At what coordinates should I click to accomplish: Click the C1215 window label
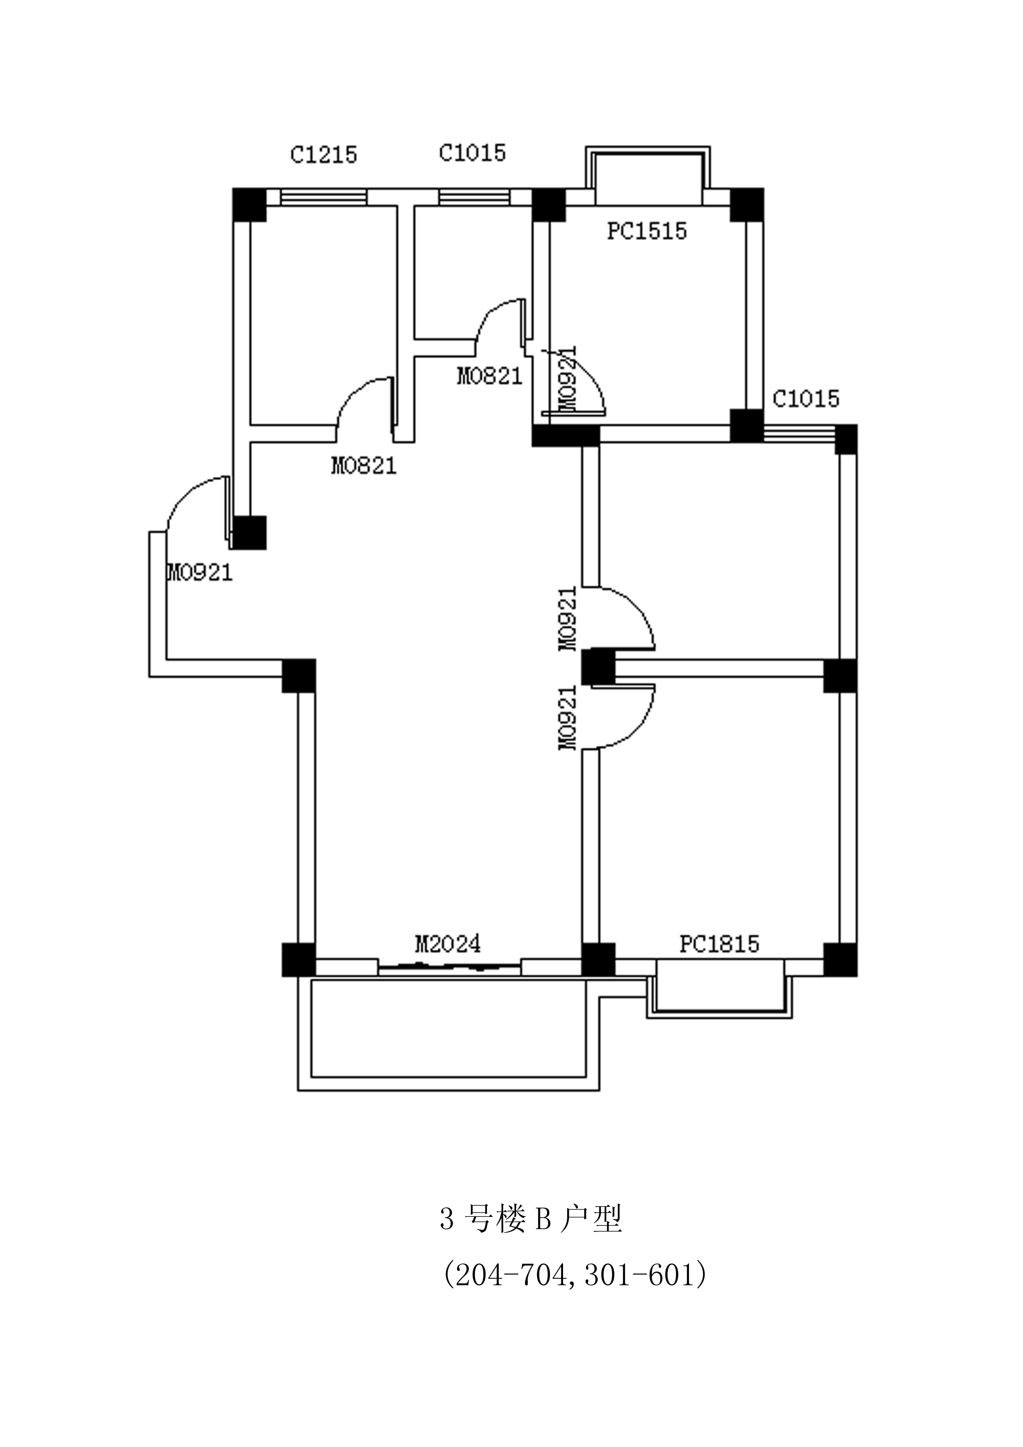[x=323, y=154]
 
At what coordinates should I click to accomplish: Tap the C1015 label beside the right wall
[x=806, y=399]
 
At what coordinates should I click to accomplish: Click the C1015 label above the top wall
[x=472, y=153]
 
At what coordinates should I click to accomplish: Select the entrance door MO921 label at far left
[x=200, y=572]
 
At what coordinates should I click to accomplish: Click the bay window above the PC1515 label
[x=648, y=174]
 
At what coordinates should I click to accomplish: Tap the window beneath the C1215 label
[x=323, y=197]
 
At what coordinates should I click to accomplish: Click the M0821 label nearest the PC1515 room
[x=490, y=376]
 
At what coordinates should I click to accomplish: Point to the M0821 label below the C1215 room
[x=364, y=466]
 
